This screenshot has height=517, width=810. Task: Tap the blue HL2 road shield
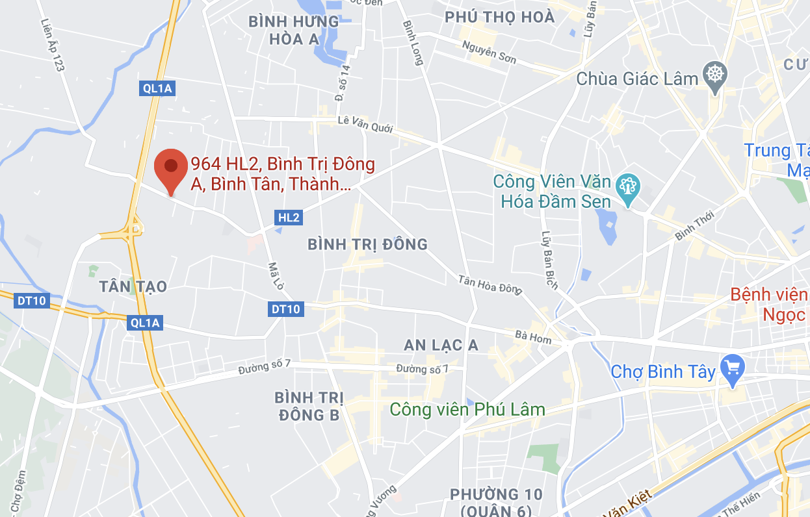click(x=288, y=218)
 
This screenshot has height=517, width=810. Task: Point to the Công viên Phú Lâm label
click(x=467, y=410)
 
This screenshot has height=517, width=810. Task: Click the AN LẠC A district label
click(x=441, y=346)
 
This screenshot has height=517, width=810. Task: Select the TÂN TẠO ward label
click(x=133, y=286)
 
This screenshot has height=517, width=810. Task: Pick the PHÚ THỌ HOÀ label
click(x=500, y=17)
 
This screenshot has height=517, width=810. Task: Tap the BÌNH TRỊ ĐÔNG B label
click(x=308, y=406)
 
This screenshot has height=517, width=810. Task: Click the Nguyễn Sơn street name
click(x=489, y=52)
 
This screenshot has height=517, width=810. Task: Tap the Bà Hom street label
click(x=532, y=337)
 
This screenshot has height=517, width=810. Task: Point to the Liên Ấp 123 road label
click(x=55, y=45)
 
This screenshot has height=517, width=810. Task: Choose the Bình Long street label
click(x=413, y=43)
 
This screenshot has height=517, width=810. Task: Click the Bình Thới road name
click(x=694, y=225)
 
